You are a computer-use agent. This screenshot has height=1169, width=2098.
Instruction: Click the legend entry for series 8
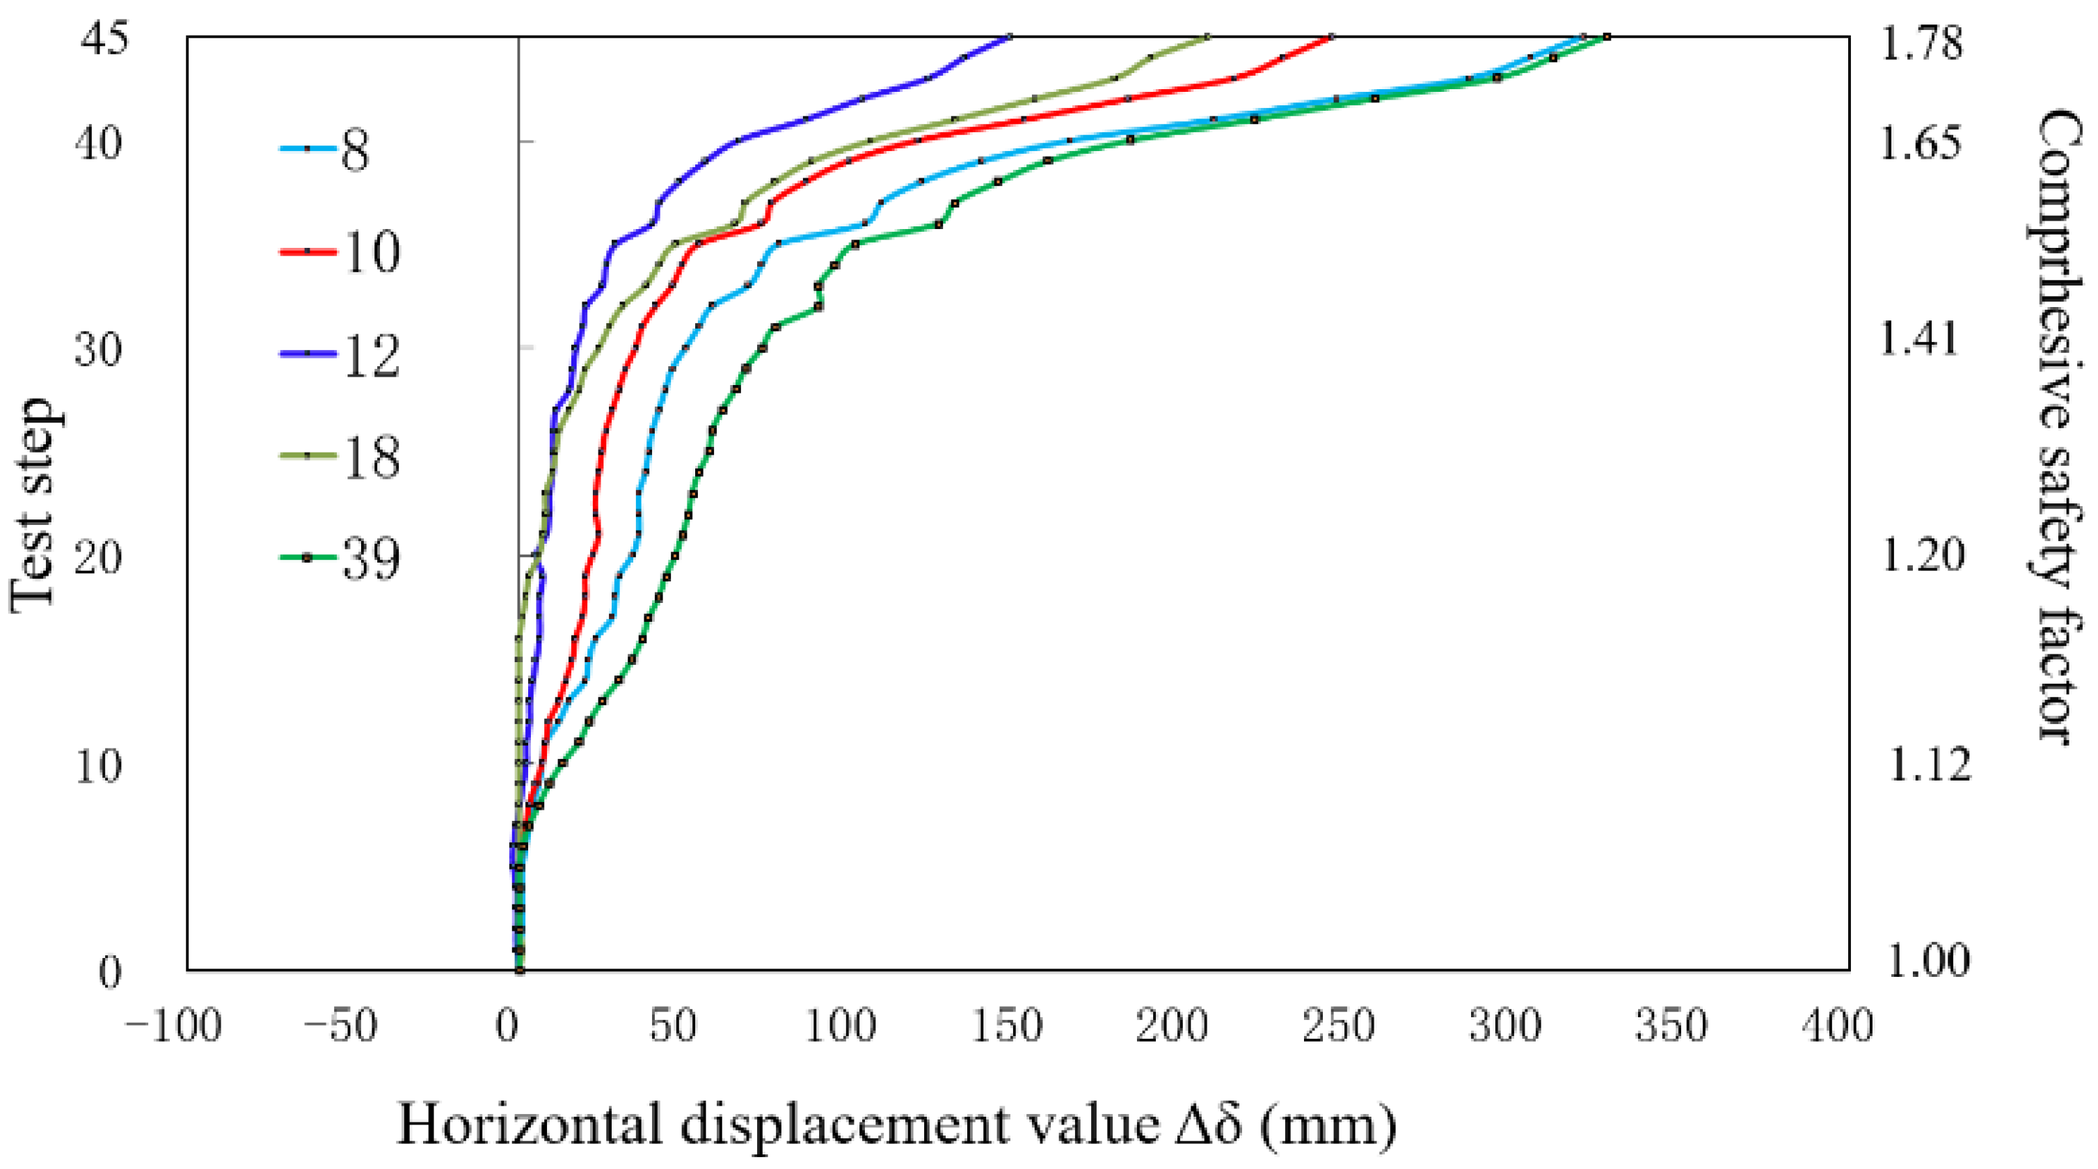point(326,150)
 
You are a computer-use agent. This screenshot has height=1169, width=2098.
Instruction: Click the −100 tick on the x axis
point(173,1025)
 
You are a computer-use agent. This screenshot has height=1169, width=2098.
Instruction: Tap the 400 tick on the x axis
point(1837,1025)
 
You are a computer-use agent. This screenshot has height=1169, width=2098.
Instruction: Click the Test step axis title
point(33,505)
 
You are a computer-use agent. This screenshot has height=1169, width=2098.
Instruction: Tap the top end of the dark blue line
point(1010,37)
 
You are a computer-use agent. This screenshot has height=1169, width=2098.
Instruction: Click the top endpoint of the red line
point(1330,37)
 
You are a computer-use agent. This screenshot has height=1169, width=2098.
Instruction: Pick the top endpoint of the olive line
point(1207,37)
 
